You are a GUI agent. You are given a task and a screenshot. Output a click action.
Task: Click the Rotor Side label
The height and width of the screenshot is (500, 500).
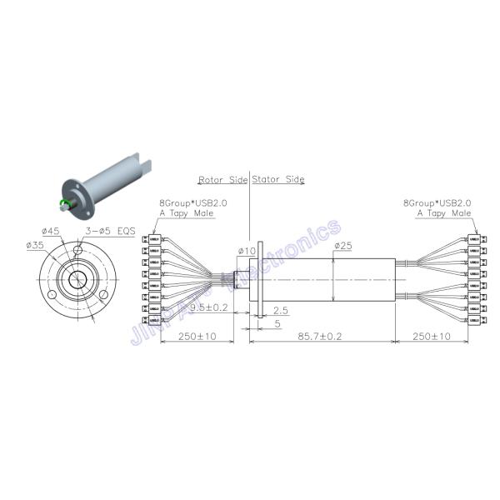coord(222,179)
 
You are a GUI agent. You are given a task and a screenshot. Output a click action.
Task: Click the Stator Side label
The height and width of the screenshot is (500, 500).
coord(278,179)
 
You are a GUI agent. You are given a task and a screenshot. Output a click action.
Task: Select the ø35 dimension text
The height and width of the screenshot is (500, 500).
coord(35,245)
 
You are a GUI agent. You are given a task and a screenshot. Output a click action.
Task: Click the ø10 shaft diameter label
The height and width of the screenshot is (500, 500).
coord(246,250)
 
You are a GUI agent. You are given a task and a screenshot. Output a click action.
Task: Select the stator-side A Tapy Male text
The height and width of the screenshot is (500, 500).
coord(444,213)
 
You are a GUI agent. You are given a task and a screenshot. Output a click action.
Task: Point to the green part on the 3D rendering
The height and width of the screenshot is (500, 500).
coord(63,203)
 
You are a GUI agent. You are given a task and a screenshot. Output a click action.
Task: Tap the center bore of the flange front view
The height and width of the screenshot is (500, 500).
coord(77,280)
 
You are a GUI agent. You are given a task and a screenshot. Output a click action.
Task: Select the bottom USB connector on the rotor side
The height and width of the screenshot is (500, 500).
coord(152,321)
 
